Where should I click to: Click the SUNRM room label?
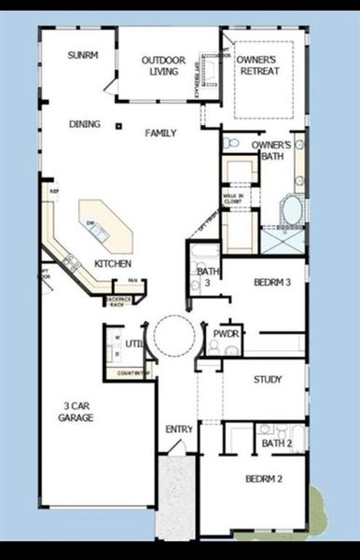(82, 55)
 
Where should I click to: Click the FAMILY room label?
(160, 133)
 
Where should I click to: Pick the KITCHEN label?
(113, 264)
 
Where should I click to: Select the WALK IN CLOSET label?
(232, 197)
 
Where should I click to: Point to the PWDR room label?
(226, 332)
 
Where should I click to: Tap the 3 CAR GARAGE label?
(78, 412)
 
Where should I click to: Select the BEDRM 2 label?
(264, 479)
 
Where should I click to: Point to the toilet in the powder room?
(215, 347)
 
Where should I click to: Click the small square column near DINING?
(118, 126)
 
